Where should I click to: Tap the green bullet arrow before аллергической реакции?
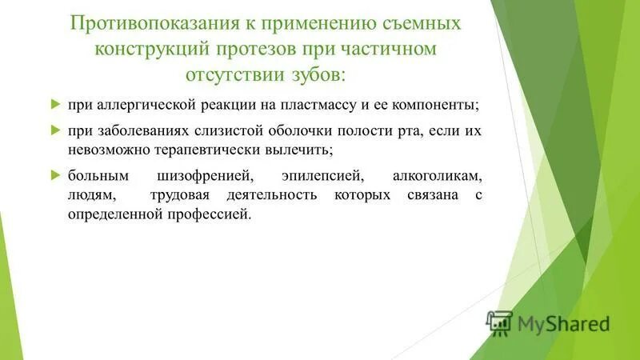pos(55,105)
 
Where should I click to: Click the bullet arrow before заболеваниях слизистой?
pos(55,130)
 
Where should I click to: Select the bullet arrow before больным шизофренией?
pos(55,174)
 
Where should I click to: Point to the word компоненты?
pos(436,106)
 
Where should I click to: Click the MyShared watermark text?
pos(563,324)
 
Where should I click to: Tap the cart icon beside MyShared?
pos(498,322)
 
